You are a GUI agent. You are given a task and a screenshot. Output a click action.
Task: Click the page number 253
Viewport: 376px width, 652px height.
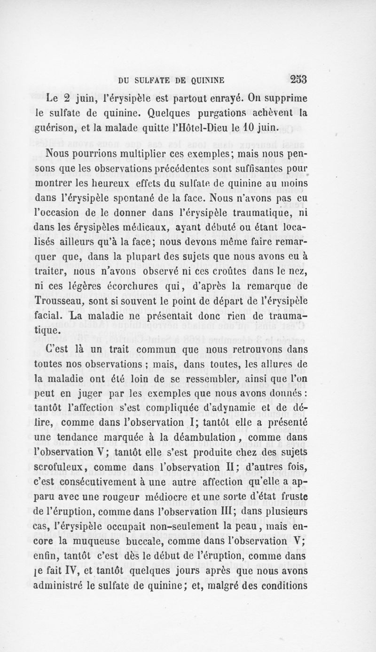point(295,79)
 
